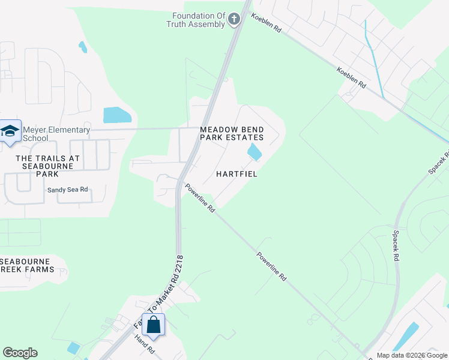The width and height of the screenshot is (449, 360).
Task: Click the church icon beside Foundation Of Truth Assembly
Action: tap(234, 20)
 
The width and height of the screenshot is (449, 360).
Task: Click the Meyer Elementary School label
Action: tap(56, 134)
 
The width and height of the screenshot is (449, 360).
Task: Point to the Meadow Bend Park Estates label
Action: tap(232, 133)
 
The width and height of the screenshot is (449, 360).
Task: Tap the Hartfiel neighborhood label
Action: tap(237, 174)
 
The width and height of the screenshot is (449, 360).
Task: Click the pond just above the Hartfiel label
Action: tap(255, 152)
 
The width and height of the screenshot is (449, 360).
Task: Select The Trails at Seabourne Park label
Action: tap(47, 166)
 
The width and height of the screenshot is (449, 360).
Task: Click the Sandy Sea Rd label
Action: tap(68, 190)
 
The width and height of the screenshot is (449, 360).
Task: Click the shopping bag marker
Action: tap(153, 325)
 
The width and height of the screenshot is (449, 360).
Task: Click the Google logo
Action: tap(20, 353)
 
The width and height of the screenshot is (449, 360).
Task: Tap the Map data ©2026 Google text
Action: tap(412, 355)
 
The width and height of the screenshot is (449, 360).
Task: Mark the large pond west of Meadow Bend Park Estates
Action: tap(117, 115)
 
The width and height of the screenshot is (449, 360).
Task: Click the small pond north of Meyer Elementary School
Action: tap(83, 46)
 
